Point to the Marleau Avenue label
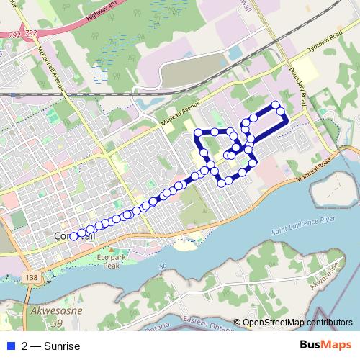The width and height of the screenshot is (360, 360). tap(180, 114)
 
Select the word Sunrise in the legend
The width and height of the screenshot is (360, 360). tap(61, 346)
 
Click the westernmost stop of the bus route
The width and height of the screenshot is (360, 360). tap(73, 235)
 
